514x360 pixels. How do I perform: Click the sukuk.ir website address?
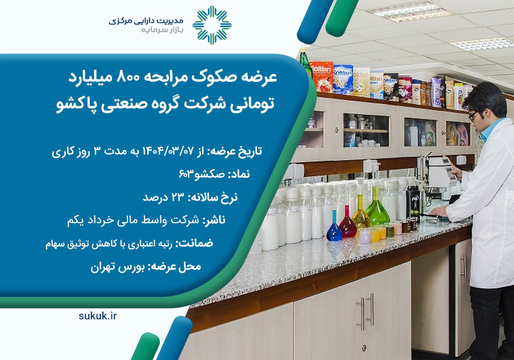(x=97, y=316)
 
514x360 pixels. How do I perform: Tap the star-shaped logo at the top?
(x=212, y=25)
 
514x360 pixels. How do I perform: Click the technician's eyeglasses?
(x=472, y=116)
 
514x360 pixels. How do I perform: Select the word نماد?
(x=238, y=174)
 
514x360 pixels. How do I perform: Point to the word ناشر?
(x=214, y=220)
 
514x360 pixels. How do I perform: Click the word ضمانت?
(x=194, y=243)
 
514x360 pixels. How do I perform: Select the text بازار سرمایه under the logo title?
(x=162, y=30)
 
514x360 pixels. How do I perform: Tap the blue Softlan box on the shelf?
(x=342, y=79)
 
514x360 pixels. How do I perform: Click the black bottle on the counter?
(x=413, y=204)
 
